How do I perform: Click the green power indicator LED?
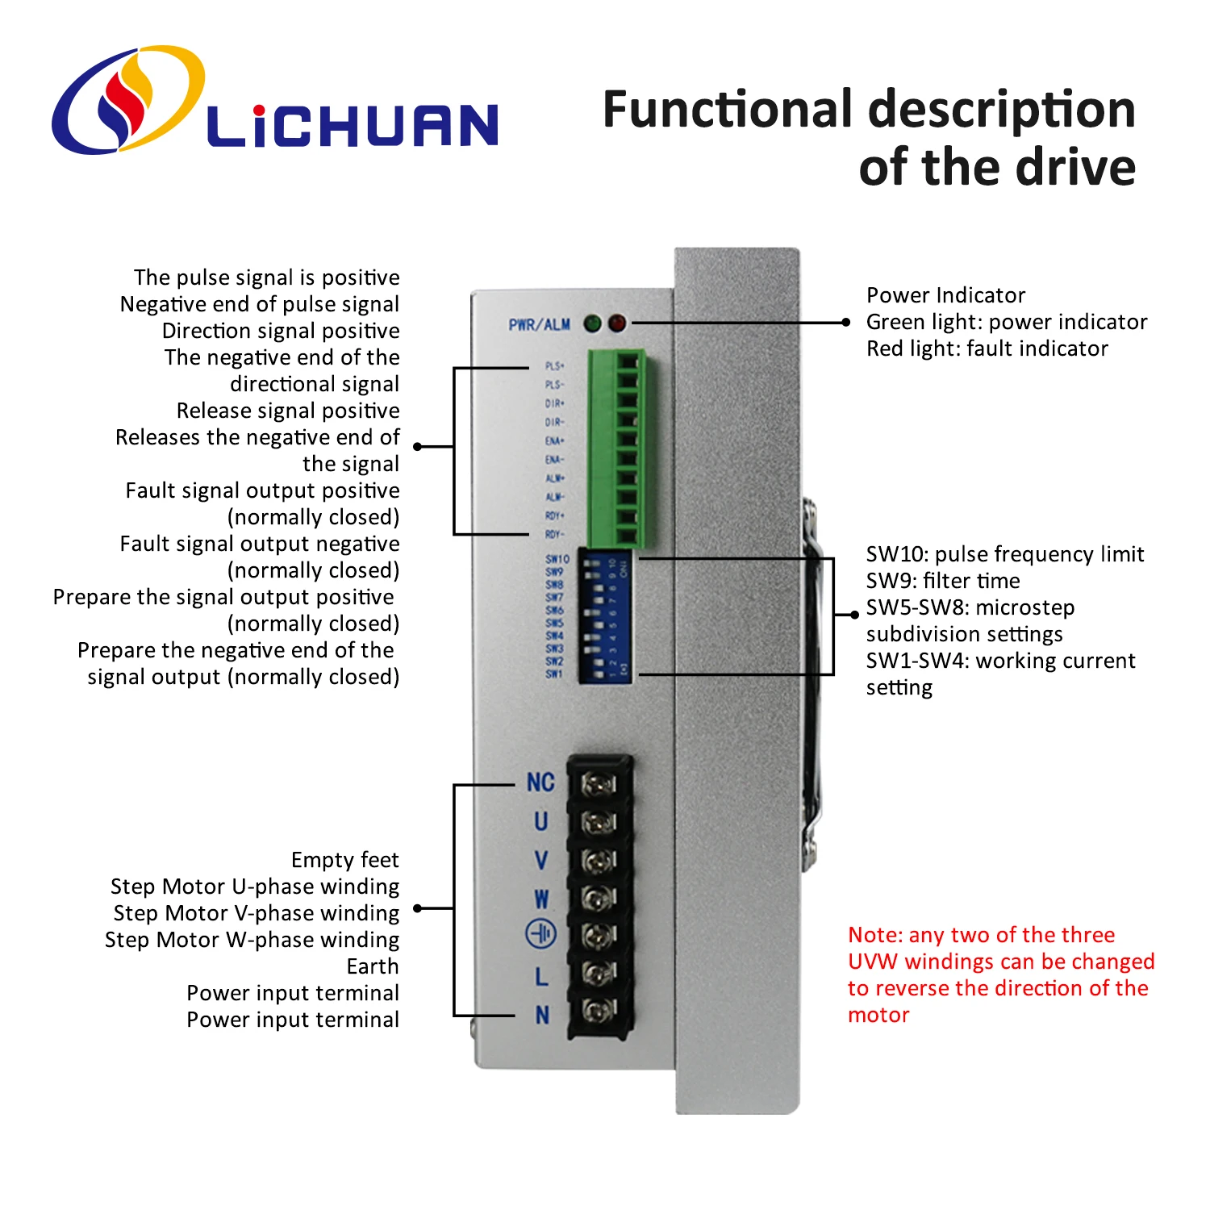pos(593,323)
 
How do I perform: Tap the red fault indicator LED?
pos(617,323)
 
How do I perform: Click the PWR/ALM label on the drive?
pos(539,324)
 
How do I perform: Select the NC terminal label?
pos(540,782)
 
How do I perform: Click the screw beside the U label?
pos(599,822)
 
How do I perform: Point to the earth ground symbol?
pos(540,934)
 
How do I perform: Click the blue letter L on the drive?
pos(541,977)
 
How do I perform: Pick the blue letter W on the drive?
pos(541,899)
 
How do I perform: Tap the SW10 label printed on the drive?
pos(557,558)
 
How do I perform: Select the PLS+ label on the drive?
pos(555,366)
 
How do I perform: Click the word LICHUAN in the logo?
pos(352,126)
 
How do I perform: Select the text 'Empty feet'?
pos(344,860)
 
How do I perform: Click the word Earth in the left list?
pos(373,966)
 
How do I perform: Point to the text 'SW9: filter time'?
pos(942,581)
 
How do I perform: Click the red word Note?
pos(874,935)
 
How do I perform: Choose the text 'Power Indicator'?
pos(945,295)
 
